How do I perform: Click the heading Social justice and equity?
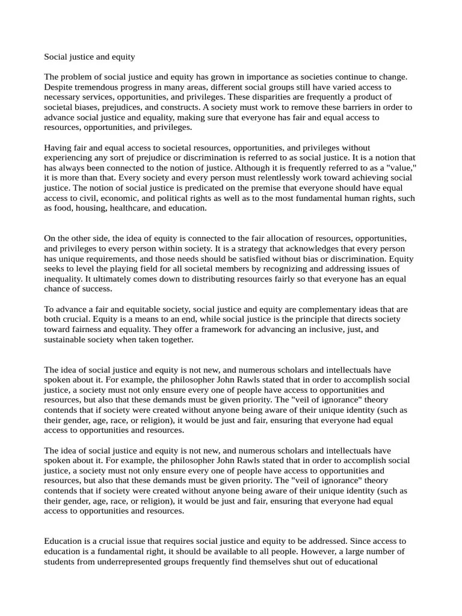tap(90, 57)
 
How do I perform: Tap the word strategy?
tap(199, 249)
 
